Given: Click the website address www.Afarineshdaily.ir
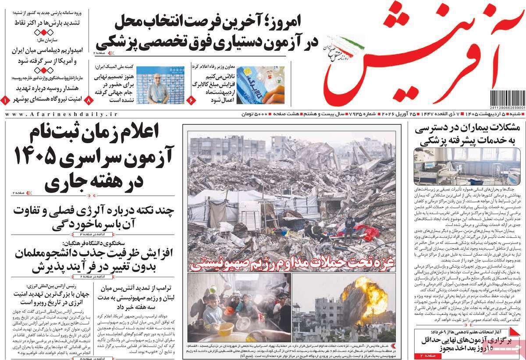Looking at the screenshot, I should pyautogui.click(x=61, y=114).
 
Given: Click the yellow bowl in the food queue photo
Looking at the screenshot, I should pyautogui.click(x=226, y=328).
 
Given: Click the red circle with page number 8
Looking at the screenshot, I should pyautogui.click(x=89, y=100).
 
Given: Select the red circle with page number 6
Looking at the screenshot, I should pyautogui.click(x=192, y=100).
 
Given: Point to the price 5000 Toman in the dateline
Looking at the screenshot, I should pyautogui.click(x=255, y=114).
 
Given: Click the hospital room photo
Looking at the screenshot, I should pyautogui.click(x=467, y=166).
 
